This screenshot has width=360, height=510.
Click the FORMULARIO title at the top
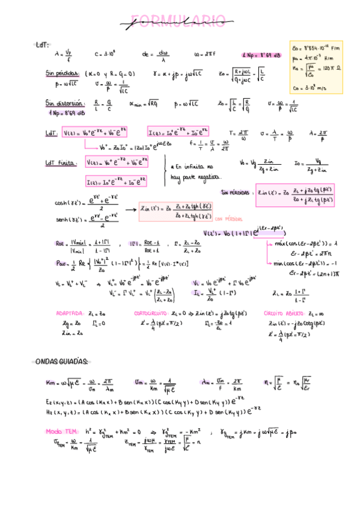click(180, 23)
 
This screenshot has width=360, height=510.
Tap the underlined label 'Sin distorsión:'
click(63, 103)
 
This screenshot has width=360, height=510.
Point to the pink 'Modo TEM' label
click(62, 431)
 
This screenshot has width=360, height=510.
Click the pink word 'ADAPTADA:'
click(70, 313)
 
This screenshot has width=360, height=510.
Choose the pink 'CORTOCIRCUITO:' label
click(151, 313)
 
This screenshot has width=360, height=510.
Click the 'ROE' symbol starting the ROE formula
click(59, 244)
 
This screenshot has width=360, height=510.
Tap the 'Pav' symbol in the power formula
click(61, 263)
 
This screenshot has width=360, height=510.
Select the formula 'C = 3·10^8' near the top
click(105, 54)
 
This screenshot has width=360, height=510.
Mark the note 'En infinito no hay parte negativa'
click(195, 171)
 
